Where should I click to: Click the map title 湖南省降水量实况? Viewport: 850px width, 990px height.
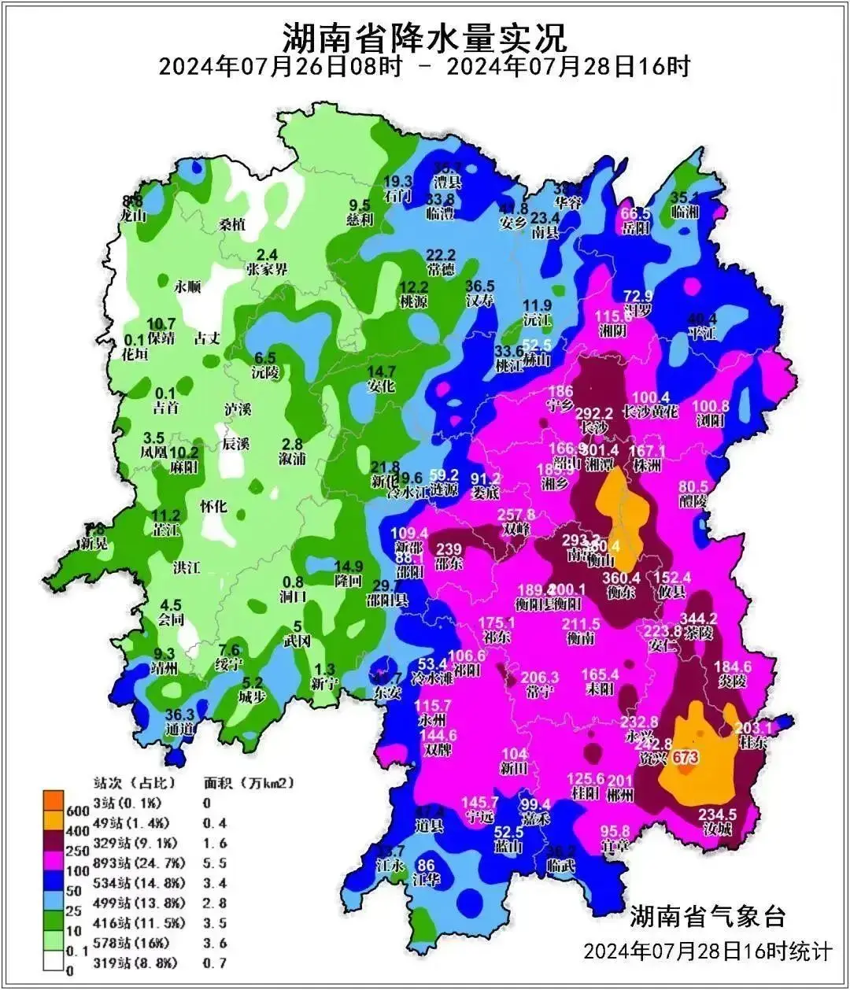[x=424, y=35]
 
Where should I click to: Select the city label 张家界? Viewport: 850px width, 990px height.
[x=268, y=270]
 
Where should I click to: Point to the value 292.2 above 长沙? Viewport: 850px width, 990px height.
[x=593, y=413]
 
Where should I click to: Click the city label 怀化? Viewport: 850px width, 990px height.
[x=213, y=506]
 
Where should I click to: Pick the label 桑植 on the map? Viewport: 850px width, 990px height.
[x=233, y=224]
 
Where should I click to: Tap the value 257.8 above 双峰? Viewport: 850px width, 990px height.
[x=516, y=514]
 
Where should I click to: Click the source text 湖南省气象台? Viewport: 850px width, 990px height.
[x=707, y=916]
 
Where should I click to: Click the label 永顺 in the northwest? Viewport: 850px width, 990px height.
[x=188, y=287]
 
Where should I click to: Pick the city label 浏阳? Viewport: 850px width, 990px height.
[x=710, y=421]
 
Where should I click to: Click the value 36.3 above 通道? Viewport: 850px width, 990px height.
[x=180, y=715]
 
